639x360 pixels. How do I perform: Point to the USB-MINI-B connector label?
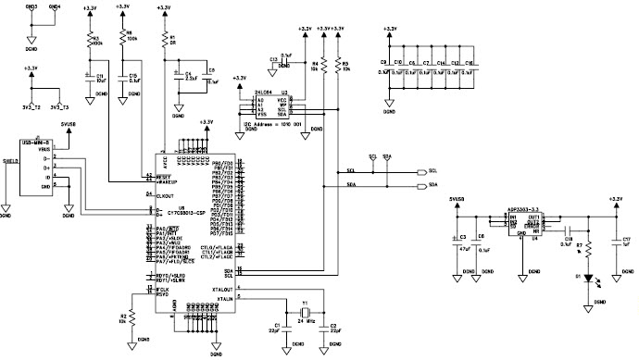[34, 142]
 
